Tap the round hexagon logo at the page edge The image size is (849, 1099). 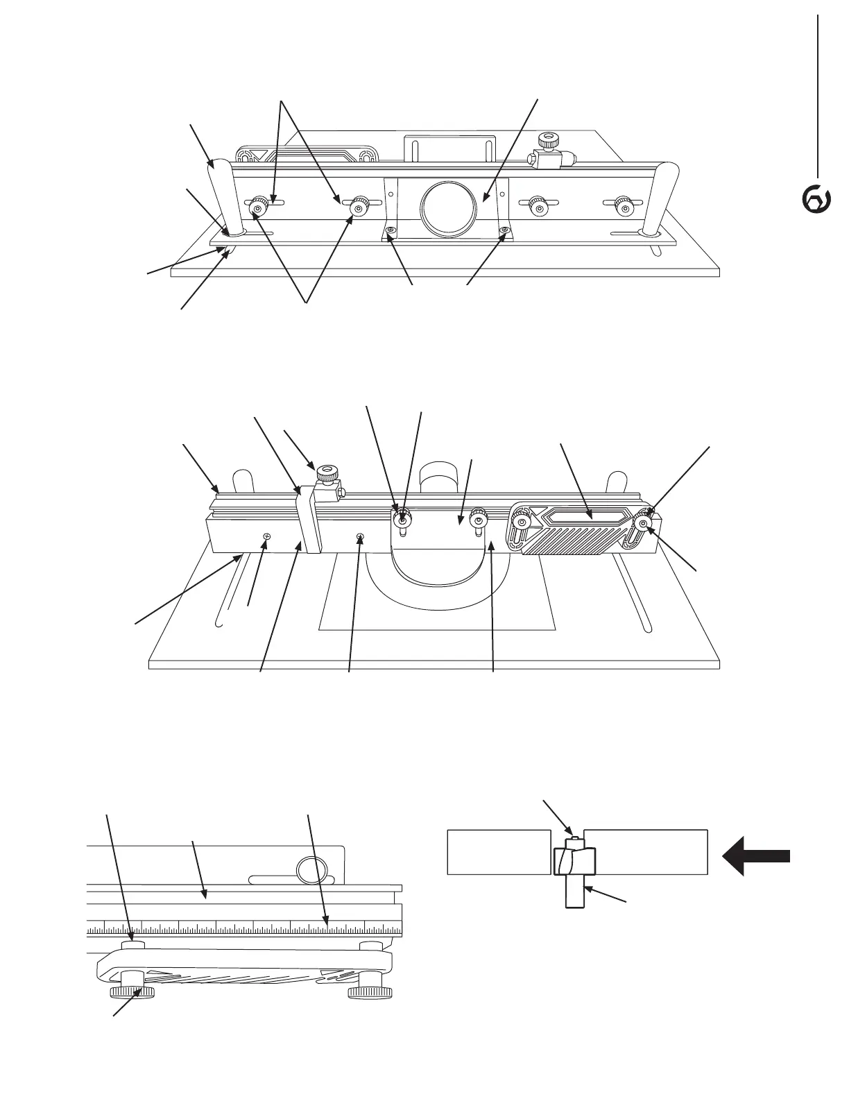[816, 199]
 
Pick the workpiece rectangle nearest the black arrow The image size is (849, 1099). [645, 851]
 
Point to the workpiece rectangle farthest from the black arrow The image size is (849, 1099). [494, 851]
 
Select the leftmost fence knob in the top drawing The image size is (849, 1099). [259, 207]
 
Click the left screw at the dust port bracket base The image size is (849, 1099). [392, 230]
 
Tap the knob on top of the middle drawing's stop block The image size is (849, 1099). [325, 475]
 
